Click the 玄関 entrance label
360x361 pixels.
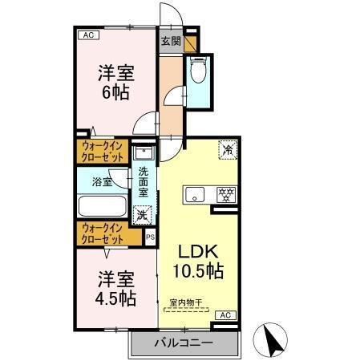[x=169, y=40]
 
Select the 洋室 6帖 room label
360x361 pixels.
[x=115, y=80]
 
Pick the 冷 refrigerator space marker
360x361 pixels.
[x=229, y=149]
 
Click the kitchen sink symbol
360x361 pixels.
[x=196, y=195]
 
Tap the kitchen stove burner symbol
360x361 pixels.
[x=226, y=194]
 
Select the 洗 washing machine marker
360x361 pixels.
[x=142, y=214]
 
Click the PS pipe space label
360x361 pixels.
[x=150, y=237]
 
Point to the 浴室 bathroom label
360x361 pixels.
[x=102, y=181]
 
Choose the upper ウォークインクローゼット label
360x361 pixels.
[x=103, y=152]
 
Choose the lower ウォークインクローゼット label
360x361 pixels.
[x=103, y=233]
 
